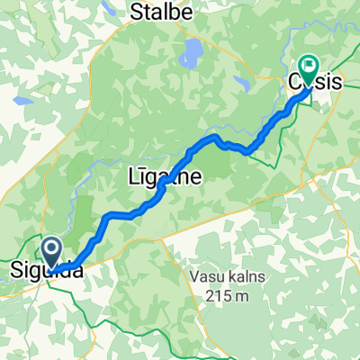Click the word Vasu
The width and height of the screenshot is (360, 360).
(208, 276)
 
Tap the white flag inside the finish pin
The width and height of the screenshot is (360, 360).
(309, 65)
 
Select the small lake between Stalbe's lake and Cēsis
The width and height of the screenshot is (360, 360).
(240, 83)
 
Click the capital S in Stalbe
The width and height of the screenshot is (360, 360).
(138, 12)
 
